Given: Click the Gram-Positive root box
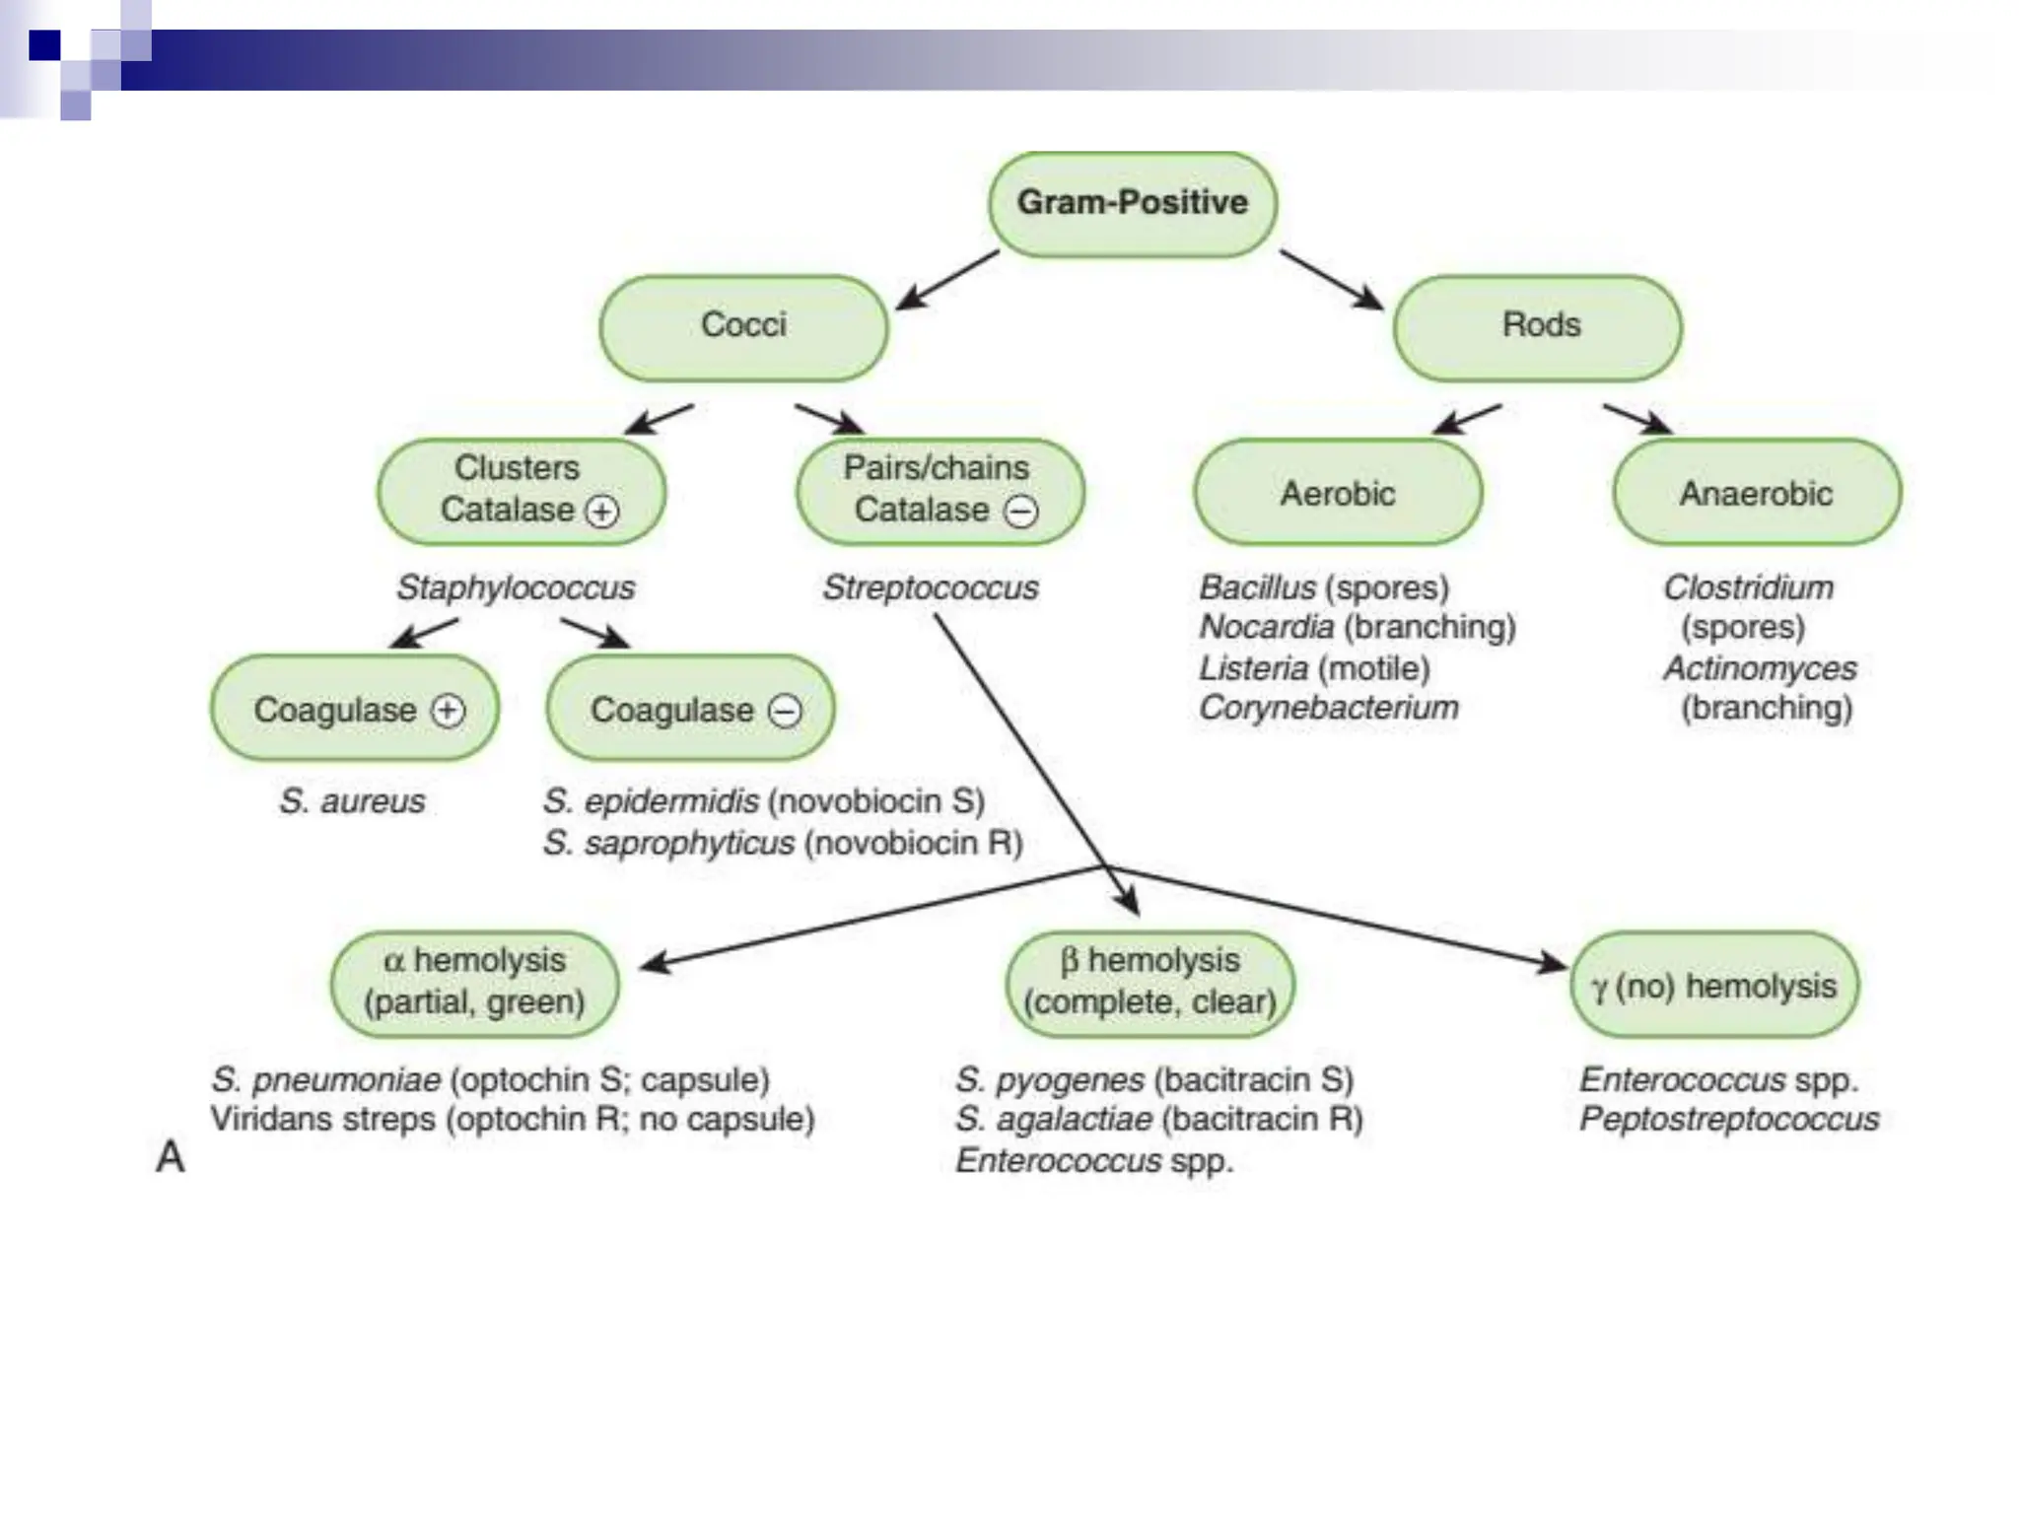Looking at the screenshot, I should coord(1133,204).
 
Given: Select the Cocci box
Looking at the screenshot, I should coord(743,326).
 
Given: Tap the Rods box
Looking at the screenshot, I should coord(1539,326).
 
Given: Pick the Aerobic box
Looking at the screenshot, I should coord(1338,492).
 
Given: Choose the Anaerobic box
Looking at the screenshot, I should coord(1757,492).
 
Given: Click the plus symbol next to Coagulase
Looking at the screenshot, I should coord(448,711).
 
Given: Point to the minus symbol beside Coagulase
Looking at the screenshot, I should coord(785,711).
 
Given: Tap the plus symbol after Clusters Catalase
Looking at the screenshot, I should coord(602,511).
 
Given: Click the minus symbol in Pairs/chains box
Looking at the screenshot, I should coord(1020,511).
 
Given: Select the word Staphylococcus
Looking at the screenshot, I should coord(516,587).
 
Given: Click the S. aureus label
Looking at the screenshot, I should coord(352,801).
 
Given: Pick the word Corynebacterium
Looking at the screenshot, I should coord(1329,708).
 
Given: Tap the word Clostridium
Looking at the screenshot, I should coord(1749,587).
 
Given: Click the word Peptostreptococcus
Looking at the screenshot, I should coord(1729,1120).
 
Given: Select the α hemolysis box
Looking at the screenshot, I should coord(475,983).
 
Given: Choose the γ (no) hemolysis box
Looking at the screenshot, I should coord(1714,985).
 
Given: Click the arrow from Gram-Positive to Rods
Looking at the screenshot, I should coord(1331,279).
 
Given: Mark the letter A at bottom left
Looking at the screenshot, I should coord(171,1156).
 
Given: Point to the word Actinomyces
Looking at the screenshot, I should coord(1760,668).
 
